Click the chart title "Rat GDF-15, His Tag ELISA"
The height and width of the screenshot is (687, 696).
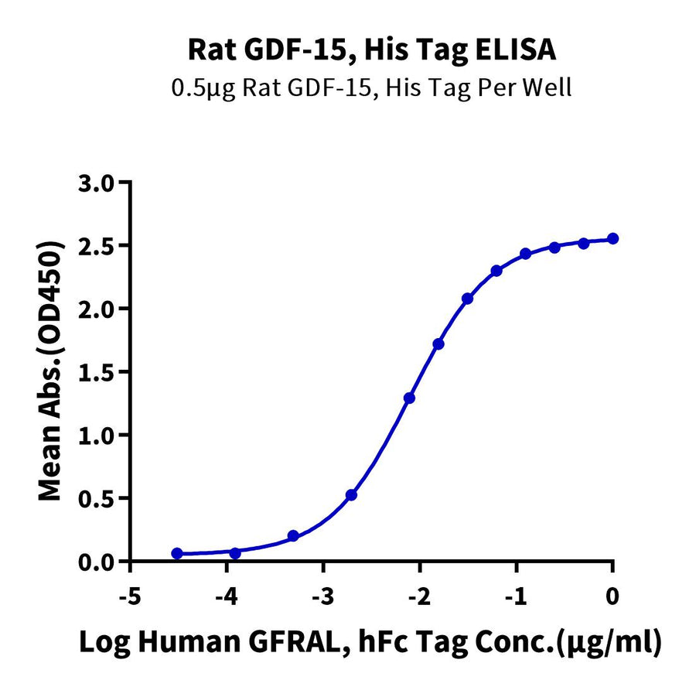pos(371,50)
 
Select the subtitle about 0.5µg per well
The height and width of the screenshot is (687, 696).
pos(371,87)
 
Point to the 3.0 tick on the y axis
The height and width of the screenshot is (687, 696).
pos(98,183)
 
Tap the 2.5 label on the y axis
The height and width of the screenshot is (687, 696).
pos(98,246)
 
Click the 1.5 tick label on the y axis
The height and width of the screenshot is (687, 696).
pos(98,372)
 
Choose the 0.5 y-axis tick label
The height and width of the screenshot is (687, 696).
pos(98,498)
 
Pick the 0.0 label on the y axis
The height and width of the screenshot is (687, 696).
pos(98,562)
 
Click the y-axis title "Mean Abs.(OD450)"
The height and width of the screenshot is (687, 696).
pos(50,371)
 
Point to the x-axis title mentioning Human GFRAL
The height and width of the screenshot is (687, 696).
pos(371,641)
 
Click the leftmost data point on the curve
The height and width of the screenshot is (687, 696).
pos(177,553)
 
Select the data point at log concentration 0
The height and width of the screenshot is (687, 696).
pos(613,238)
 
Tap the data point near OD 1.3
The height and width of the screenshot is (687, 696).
pos(409,398)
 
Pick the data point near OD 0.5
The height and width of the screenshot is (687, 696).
pos(351,494)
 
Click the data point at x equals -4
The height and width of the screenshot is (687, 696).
pos(235,552)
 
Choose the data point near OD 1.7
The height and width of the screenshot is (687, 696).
pos(438,343)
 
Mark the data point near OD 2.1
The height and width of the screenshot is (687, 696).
pos(467,298)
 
